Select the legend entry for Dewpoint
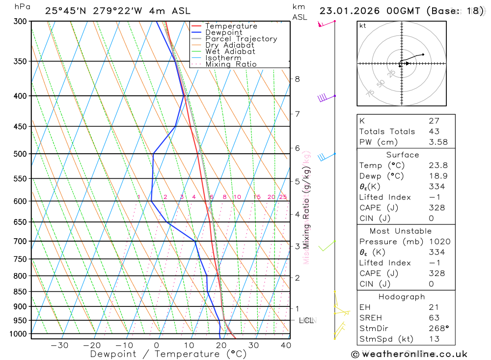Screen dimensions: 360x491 (223, 32)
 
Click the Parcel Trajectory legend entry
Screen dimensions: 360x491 (241, 39)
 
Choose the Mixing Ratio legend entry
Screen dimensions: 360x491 (231, 64)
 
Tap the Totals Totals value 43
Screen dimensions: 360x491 (434, 132)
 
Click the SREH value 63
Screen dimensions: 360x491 (434, 318)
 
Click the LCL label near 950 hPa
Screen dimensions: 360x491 (306, 321)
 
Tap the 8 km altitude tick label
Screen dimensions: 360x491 (297, 79)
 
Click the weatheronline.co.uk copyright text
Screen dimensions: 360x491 (409, 354)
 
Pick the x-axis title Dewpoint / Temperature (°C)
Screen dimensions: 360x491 (168, 354)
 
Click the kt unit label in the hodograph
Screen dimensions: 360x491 (363, 26)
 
